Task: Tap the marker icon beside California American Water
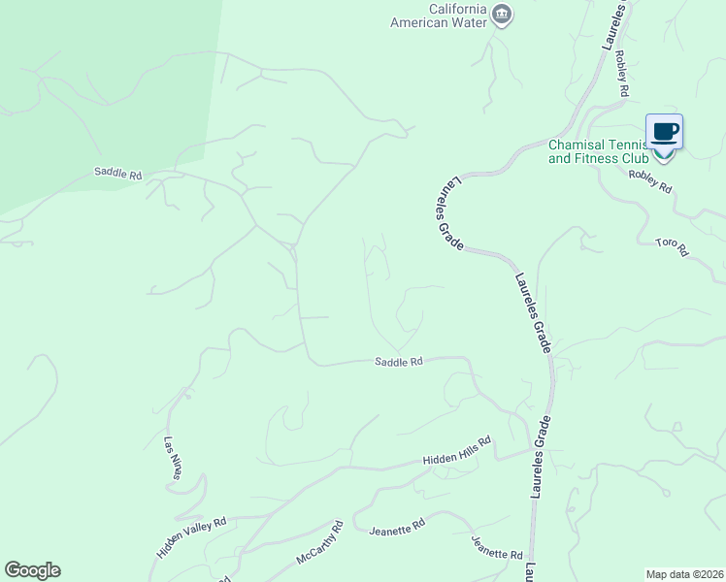[502, 15]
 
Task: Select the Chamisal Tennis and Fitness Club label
[598, 149]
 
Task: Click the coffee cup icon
[665, 131]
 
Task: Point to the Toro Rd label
[671, 246]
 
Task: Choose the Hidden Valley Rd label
[191, 536]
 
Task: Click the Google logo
[32, 570]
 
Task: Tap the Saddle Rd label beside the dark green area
[118, 174]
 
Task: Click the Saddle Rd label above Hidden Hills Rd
[399, 362]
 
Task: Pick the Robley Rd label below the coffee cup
[649, 180]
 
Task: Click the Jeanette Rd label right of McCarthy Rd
[397, 528]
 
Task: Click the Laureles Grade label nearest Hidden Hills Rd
[541, 457]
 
